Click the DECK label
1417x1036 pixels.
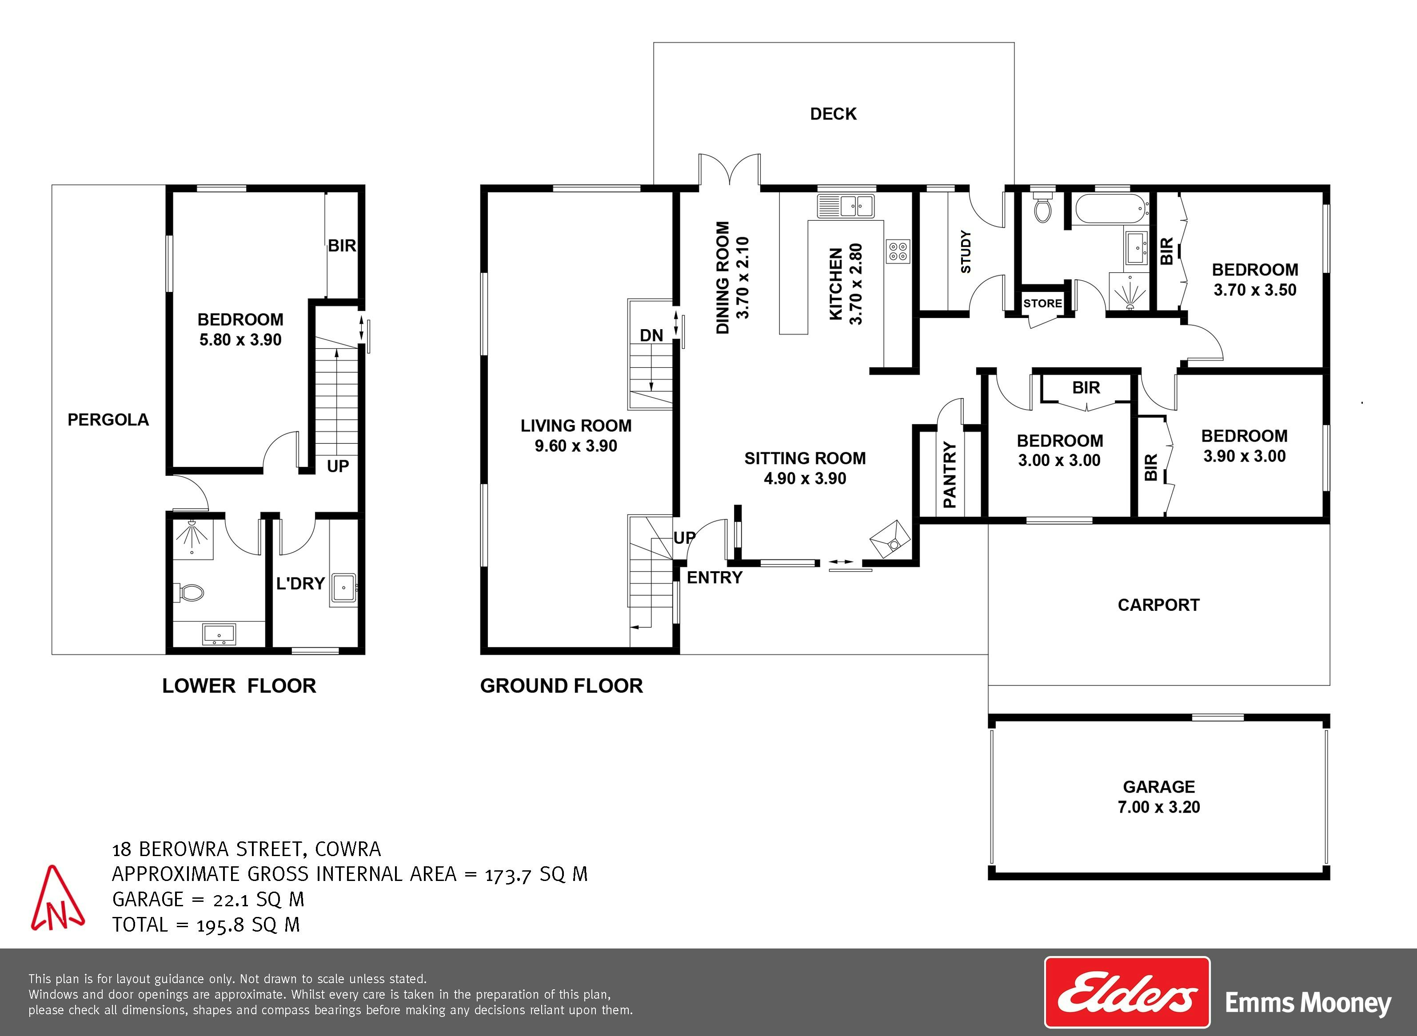(833, 114)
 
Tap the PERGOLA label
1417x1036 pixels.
(108, 419)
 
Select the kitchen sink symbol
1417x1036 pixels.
(846, 205)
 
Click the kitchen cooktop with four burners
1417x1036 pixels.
(898, 251)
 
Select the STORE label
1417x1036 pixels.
(1042, 303)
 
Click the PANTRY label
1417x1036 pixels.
(950, 475)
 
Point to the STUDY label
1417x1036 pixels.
(966, 251)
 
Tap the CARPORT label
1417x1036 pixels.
(1158, 605)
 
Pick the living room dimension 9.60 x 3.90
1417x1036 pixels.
(576, 446)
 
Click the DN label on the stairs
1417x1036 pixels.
(652, 335)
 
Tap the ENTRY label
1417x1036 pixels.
(714, 578)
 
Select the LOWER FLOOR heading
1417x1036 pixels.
(239, 685)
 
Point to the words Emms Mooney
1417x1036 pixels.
(1309, 1004)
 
